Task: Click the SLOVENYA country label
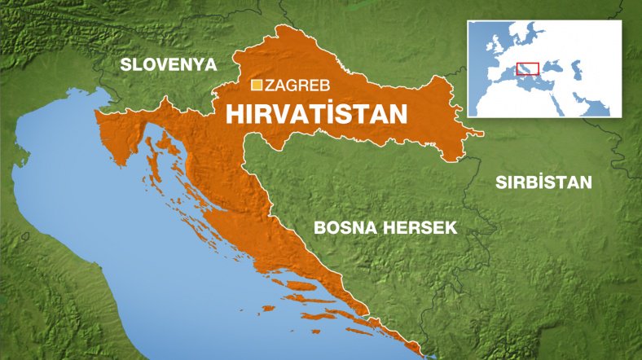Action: pyautogui.click(x=168, y=64)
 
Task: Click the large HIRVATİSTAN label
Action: pyautogui.click(x=315, y=113)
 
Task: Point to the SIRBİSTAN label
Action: pyautogui.click(x=543, y=182)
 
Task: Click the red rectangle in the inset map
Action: pyautogui.click(x=528, y=68)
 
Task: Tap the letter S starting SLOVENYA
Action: pyautogui.click(x=125, y=64)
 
